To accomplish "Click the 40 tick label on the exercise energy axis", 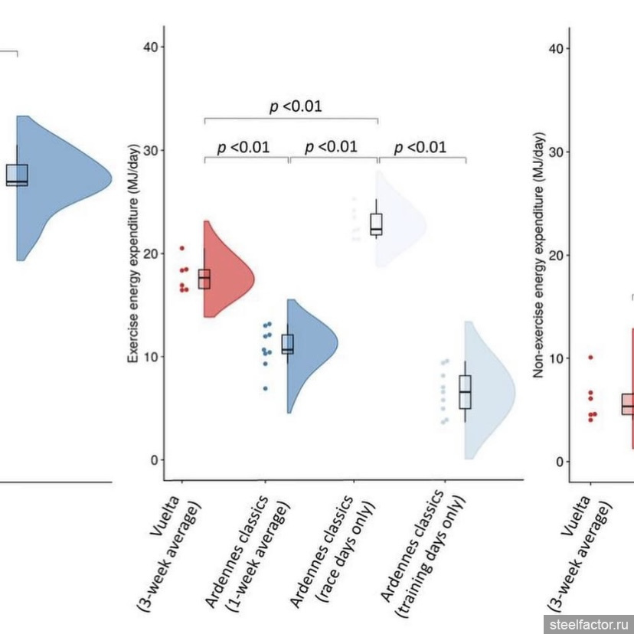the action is point(151,47).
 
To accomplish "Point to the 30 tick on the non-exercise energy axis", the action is point(567,152).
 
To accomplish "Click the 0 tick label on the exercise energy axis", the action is point(155,460).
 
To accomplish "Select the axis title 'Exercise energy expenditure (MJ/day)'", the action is point(133,253).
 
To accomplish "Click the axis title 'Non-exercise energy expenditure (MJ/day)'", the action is point(539,255).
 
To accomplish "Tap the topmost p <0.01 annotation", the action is point(296,106).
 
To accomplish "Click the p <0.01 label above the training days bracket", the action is point(420,147).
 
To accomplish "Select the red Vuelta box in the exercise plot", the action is point(204,279).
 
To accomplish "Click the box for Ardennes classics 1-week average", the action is point(287,344).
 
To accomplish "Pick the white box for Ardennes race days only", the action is point(377,224).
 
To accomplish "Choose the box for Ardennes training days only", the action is point(465,392).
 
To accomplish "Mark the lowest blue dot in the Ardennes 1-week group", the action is point(266,388).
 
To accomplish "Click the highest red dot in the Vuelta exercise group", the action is point(182,248).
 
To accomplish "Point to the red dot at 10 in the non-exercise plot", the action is point(590,358).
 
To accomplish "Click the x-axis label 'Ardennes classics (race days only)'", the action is point(332,551).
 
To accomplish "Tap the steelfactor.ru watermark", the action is point(589,625).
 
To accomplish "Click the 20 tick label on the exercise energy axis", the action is point(151,254).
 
